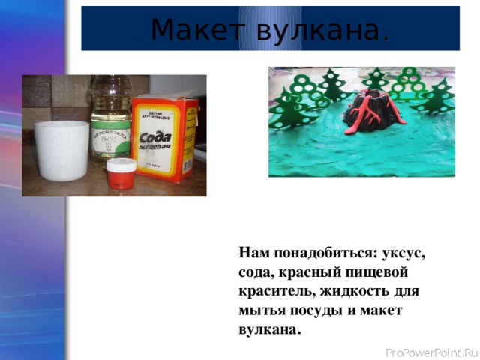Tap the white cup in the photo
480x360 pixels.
click(61, 150)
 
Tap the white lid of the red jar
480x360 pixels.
click(121, 164)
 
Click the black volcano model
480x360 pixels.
click(370, 116)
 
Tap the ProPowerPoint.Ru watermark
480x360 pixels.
click(430, 352)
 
